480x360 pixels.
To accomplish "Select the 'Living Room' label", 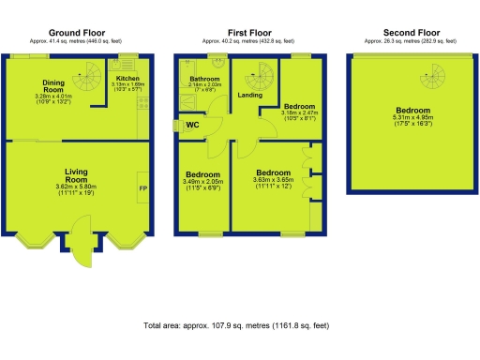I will point(77,177).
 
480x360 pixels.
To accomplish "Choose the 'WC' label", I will point(191,124).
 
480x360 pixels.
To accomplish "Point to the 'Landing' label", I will point(250,95).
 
